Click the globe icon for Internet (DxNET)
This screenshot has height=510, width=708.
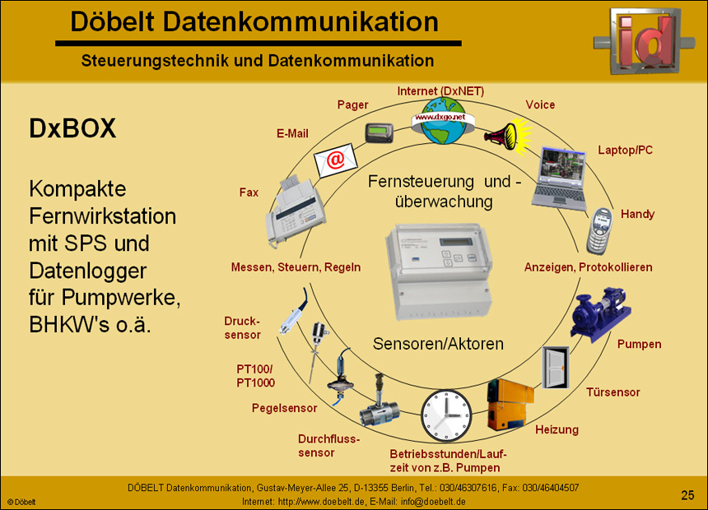pyautogui.click(x=445, y=120)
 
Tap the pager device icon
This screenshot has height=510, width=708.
pyautogui.click(x=380, y=132)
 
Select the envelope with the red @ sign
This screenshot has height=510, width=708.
pyautogui.click(x=334, y=159)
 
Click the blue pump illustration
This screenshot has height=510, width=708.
pyautogui.click(x=601, y=311)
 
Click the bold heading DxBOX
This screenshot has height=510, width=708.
pyautogui.click(x=72, y=128)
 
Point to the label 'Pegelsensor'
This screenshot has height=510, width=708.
pyautogui.click(x=284, y=407)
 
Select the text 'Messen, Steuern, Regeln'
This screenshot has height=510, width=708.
pyautogui.click(x=296, y=267)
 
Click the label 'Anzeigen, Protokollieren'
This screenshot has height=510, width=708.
pyautogui.click(x=588, y=267)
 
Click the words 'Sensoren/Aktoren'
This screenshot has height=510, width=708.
pyautogui.click(x=438, y=343)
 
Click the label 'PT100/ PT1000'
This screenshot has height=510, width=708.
pyautogui.click(x=255, y=376)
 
